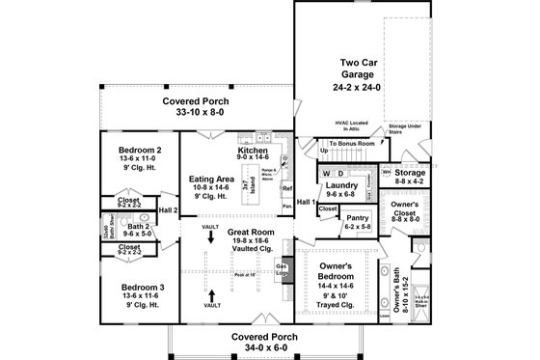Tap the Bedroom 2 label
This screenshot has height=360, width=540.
point(140,152)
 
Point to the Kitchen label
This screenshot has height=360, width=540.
point(253,152)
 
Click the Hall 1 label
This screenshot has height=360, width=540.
point(307,201)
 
